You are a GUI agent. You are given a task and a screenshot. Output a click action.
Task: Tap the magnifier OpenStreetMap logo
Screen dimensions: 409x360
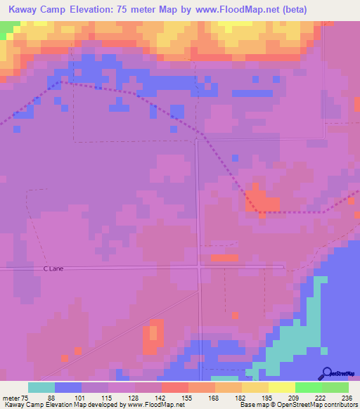tap(328, 372)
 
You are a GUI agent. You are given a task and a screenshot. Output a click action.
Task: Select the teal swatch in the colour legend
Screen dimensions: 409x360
tap(41, 387)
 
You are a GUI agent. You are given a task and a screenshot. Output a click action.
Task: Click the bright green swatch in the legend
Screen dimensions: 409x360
tap(308, 387)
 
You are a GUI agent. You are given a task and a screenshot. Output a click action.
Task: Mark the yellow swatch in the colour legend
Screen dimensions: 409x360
tap(281, 387)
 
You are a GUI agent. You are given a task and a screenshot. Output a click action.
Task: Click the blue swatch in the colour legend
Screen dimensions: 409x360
tap(67, 387)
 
